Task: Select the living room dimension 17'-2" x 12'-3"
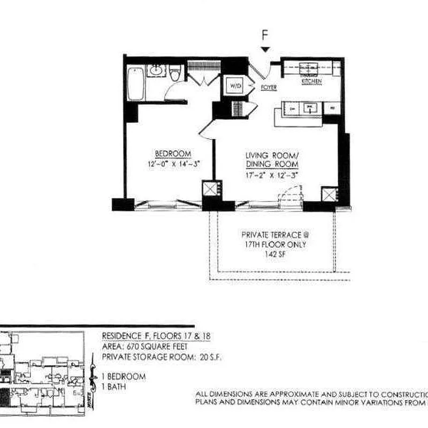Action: pos(271,174)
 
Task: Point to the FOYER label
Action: pos(268,86)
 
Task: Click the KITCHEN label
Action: pos(311,81)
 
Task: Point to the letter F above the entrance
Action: pos(265,36)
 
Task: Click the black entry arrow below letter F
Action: pos(265,49)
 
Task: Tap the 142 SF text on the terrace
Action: pos(274,254)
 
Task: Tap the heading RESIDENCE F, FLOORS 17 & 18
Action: pos(156,336)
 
